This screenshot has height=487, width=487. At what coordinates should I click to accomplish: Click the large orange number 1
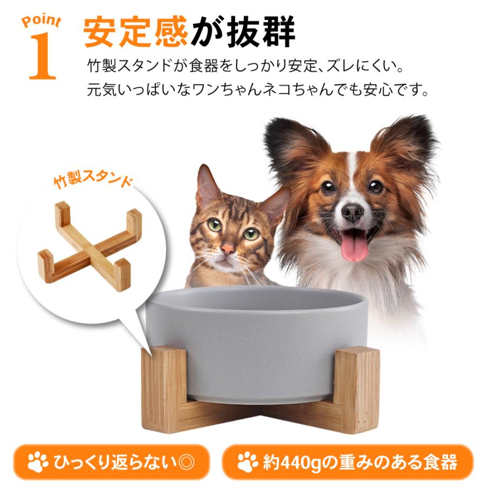[x=41, y=57]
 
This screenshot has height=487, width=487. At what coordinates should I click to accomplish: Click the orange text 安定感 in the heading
[x=135, y=34]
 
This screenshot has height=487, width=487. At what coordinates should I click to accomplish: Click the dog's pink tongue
[x=354, y=245]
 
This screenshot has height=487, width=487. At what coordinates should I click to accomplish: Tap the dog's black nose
[x=352, y=212]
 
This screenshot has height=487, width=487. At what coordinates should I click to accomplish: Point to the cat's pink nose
[x=227, y=249]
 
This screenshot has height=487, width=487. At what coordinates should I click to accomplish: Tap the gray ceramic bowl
[x=257, y=341]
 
